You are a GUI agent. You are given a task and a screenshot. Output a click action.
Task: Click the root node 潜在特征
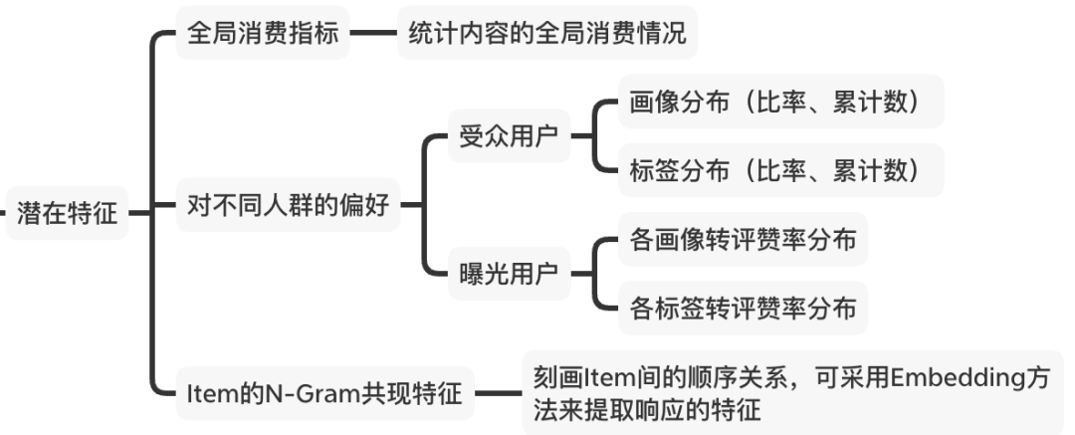[x=67, y=213]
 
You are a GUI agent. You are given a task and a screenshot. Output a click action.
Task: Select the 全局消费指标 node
[x=263, y=34]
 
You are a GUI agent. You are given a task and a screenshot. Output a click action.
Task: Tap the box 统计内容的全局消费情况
[x=546, y=34]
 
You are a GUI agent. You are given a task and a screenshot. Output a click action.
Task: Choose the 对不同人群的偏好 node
[x=289, y=208]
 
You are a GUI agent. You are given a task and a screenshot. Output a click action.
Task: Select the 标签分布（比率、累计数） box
[x=773, y=170]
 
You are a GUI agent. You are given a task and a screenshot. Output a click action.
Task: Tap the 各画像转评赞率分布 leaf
[x=743, y=239]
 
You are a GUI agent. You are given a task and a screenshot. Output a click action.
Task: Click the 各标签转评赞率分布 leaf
[x=743, y=309]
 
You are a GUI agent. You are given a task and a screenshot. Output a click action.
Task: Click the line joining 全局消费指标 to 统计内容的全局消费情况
[x=373, y=34]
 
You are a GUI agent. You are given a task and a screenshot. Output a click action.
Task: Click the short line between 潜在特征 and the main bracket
[x=138, y=212]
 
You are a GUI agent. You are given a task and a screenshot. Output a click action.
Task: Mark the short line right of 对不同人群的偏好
[x=411, y=208]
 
